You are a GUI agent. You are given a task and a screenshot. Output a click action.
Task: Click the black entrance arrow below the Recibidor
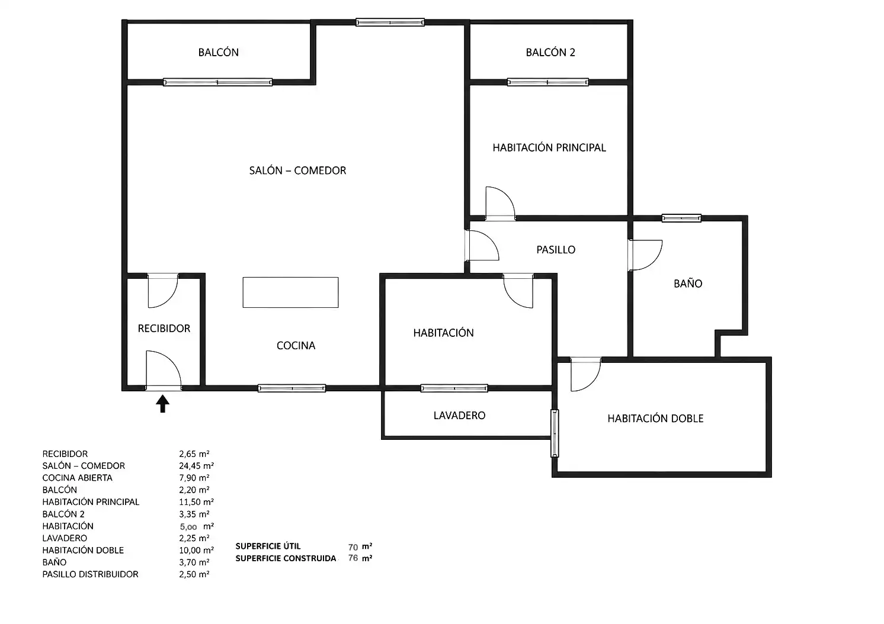pyautogui.click(x=162, y=404)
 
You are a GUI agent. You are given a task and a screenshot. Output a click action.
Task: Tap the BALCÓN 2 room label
pyautogui.click(x=550, y=53)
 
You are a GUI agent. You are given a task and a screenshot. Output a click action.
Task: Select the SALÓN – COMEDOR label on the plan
pyautogui.click(x=297, y=171)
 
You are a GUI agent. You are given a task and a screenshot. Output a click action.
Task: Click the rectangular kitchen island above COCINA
pyautogui.click(x=290, y=292)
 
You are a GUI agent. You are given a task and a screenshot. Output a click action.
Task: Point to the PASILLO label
pyautogui.click(x=556, y=250)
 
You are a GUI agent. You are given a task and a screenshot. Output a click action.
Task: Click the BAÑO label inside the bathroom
pyautogui.click(x=688, y=283)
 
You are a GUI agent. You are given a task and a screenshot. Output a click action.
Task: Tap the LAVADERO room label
pyautogui.click(x=459, y=416)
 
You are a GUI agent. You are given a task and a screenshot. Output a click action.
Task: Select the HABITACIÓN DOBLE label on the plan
pyautogui.click(x=655, y=418)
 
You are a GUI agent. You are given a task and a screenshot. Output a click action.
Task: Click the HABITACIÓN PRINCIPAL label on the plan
pyautogui.click(x=549, y=147)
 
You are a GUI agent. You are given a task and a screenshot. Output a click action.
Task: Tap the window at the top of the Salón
pyautogui.click(x=390, y=22)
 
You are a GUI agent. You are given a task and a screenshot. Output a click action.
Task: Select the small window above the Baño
pyautogui.click(x=681, y=218)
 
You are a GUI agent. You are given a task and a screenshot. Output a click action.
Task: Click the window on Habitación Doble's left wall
pyautogui.click(x=555, y=433)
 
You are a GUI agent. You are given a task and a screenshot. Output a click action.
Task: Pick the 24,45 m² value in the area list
pyautogui.click(x=196, y=466)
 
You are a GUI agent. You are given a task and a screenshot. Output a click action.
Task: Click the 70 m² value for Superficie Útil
pyautogui.click(x=360, y=546)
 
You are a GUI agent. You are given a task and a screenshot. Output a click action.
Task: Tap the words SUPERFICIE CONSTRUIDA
pyautogui.click(x=286, y=558)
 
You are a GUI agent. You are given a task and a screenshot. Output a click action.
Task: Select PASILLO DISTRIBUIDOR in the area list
pyautogui.click(x=91, y=574)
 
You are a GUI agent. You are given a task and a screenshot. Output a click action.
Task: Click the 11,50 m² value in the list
pyautogui.click(x=196, y=502)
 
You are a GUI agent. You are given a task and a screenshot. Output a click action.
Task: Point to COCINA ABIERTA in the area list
pyautogui.click(x=78, y=478)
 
